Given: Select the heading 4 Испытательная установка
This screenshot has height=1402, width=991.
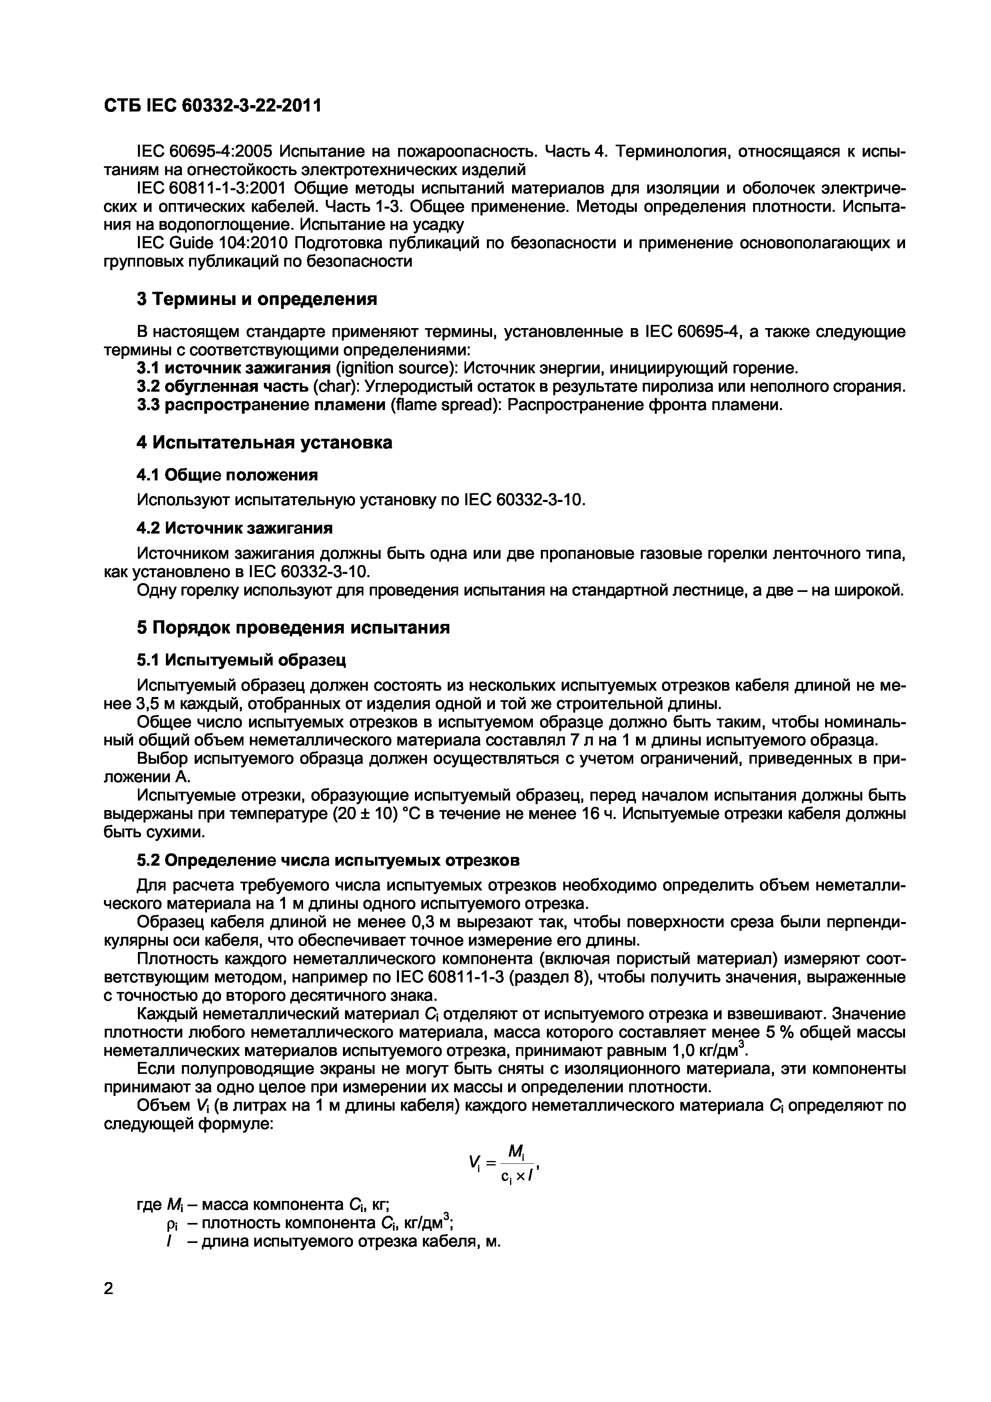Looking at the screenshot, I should [264, 443].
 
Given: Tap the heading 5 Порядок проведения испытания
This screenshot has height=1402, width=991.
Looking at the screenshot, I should [293, 628].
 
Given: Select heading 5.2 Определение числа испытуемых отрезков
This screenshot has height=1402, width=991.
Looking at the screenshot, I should [328, 860].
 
